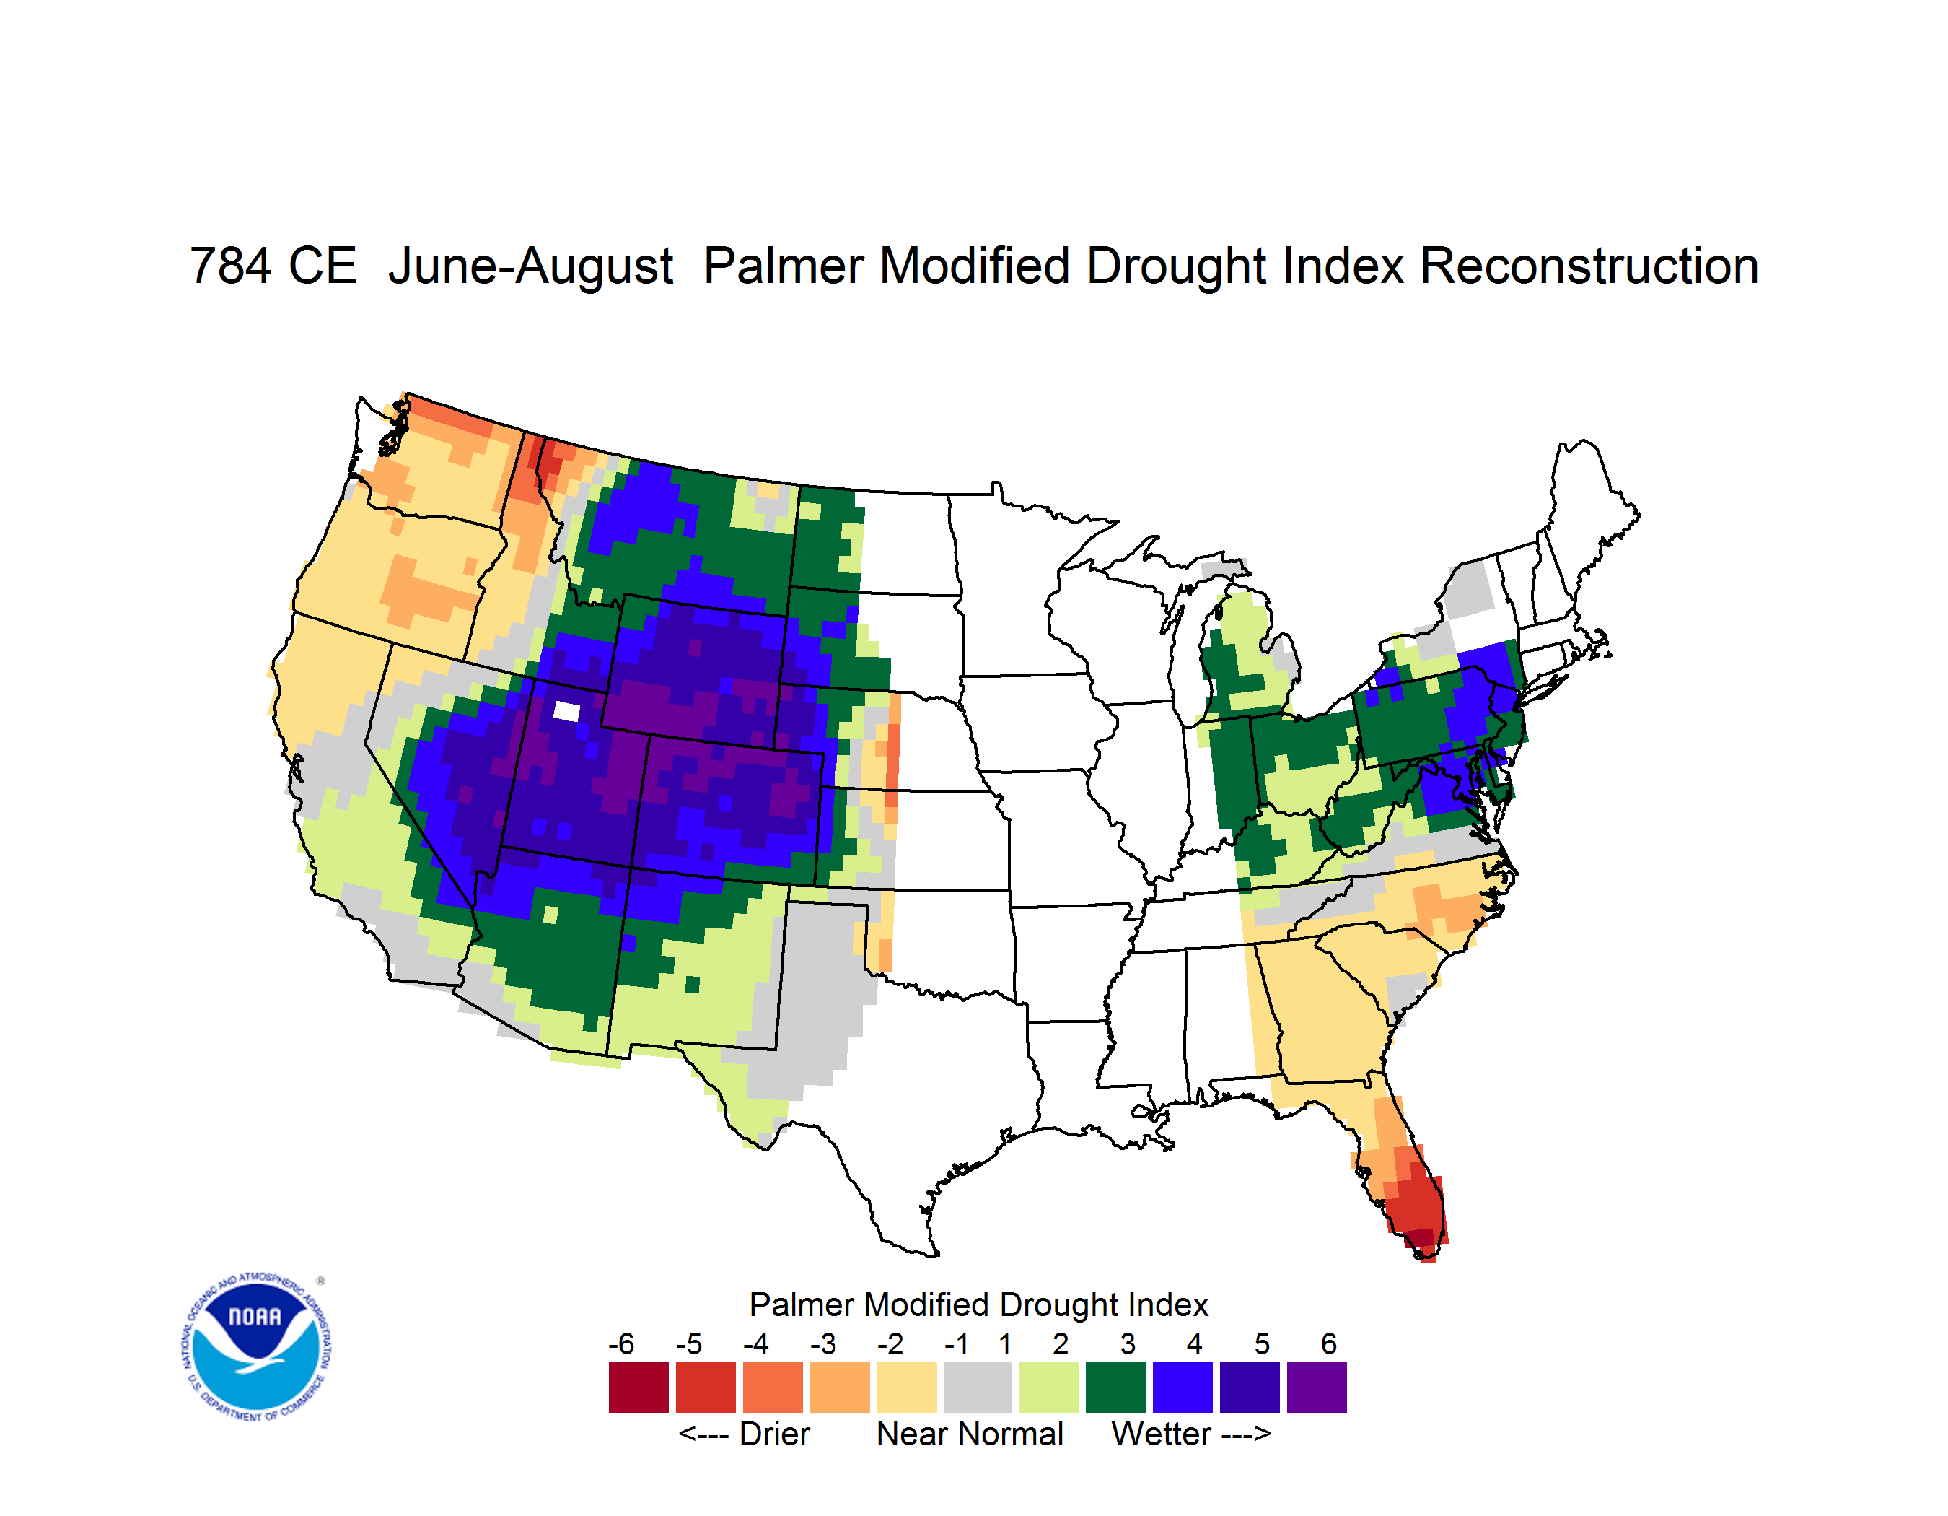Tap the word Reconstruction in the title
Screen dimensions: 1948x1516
1589,266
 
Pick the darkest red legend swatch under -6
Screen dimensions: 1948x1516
639,1387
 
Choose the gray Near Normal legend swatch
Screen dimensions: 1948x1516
978,1387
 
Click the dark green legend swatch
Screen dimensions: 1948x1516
1115,1387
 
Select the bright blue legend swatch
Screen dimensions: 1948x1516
1183,1387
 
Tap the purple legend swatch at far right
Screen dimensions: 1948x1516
1317,1387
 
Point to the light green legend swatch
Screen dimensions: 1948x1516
1048,1387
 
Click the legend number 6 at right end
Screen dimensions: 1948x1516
1329,1343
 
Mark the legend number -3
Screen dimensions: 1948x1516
823,1343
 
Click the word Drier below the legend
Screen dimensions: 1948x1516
774,1434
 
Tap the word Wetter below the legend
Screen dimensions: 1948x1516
1162,1434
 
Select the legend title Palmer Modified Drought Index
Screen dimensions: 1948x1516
978,1304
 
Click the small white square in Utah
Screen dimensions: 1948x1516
566,711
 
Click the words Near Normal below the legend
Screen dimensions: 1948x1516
970,1434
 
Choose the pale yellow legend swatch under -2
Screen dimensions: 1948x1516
907,1387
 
